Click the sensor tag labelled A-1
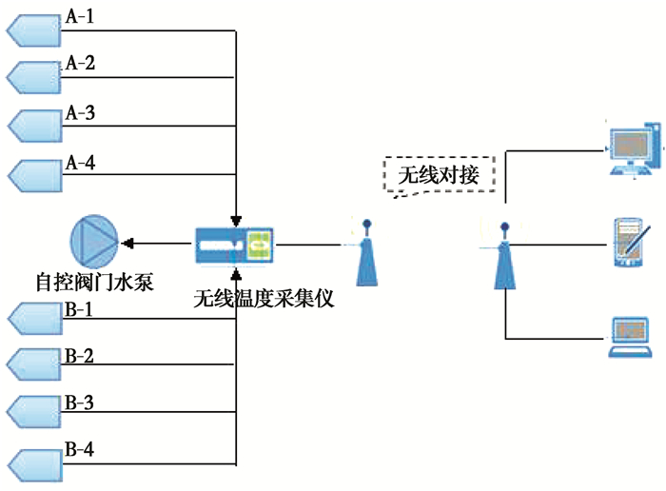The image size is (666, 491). click(x=33, y=31)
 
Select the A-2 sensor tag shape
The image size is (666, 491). click(x=33, y=76)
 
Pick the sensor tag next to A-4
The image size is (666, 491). click(x=33, y=175)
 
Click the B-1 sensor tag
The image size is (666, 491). click(x=33, y=319)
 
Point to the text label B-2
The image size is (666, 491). click(x=79, y=357)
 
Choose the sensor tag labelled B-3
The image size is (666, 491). click(x=33, y=411)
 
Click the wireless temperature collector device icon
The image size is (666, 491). click(x=234, y=245)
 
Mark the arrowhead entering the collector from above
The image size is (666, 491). click(x=235, y=222)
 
